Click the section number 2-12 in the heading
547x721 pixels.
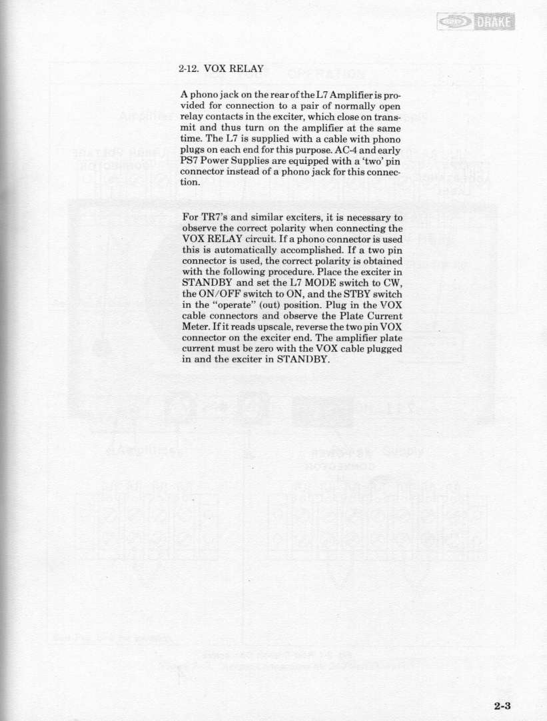(189, 68)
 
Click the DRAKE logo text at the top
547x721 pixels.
(495, 24)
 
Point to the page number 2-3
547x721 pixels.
(506, 706)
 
